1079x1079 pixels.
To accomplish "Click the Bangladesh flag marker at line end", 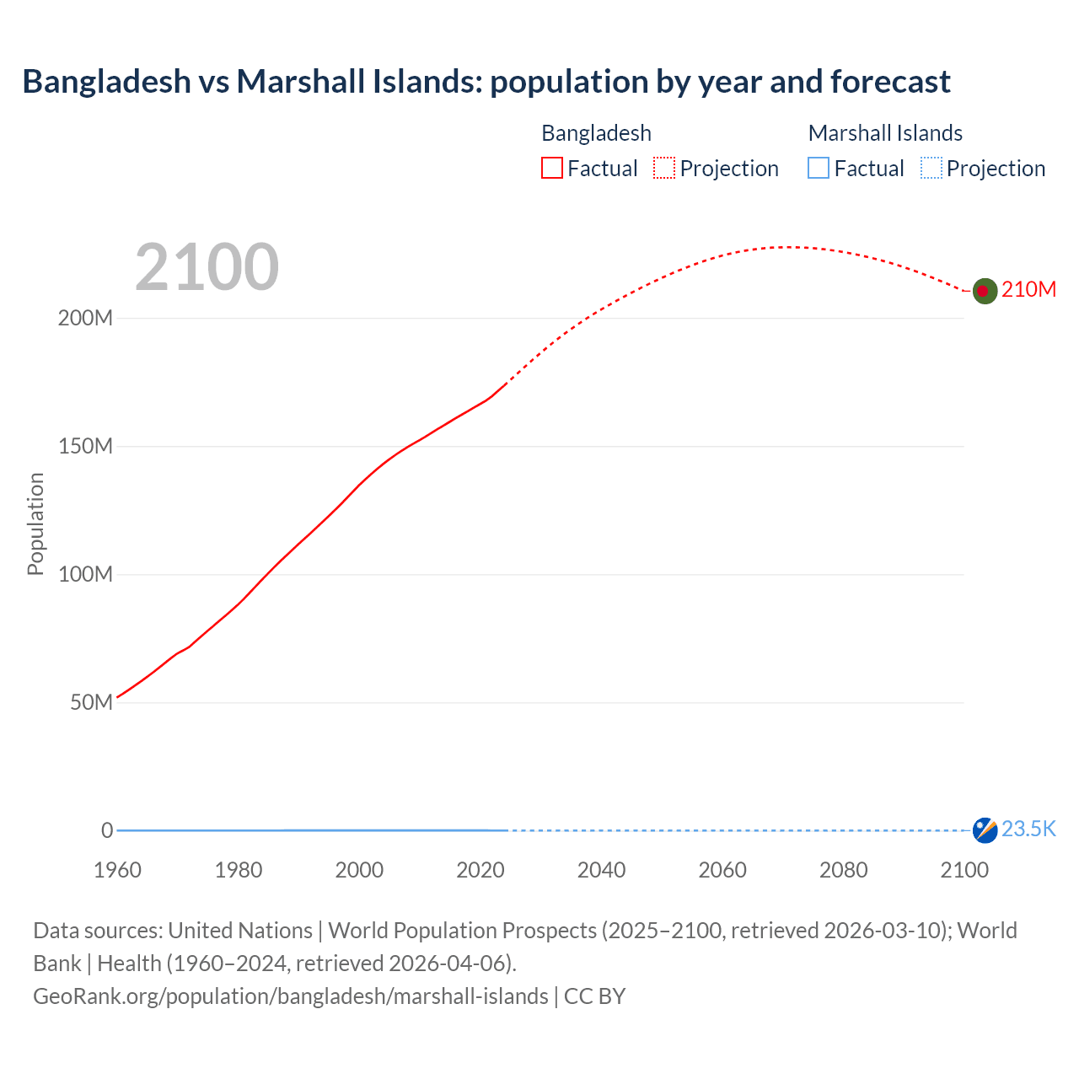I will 985,291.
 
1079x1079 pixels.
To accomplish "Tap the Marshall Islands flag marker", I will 985,829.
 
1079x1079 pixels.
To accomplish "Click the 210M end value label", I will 1028,290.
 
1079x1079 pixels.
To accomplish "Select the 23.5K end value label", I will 1028,829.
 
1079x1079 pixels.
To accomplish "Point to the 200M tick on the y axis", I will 85,319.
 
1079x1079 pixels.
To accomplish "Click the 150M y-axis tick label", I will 85,447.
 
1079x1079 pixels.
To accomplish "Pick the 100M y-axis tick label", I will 85,575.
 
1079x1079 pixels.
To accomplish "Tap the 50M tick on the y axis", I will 91,703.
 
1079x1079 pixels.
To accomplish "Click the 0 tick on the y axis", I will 107,831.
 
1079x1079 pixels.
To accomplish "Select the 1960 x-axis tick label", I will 117,870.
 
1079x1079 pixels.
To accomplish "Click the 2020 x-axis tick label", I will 480,870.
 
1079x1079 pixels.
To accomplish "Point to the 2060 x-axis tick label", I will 722,870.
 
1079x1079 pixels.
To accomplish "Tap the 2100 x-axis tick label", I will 964,870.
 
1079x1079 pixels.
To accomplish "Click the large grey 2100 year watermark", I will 207,267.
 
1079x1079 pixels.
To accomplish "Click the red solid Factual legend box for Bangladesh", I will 552,169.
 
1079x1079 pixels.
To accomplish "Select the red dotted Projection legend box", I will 664,169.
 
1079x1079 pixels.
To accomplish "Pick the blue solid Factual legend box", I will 819,169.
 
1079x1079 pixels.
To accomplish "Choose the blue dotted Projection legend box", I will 931,169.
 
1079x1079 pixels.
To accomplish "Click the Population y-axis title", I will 35,523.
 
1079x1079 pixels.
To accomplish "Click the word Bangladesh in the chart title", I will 107,82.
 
